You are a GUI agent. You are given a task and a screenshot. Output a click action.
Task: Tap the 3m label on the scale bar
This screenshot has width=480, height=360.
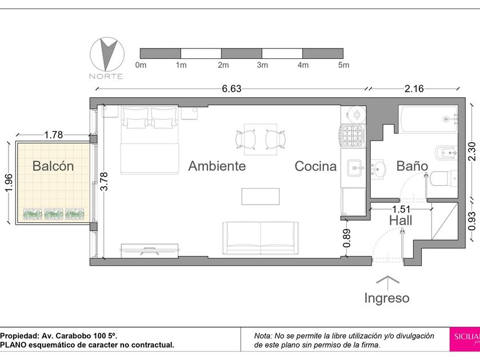pos(263,65)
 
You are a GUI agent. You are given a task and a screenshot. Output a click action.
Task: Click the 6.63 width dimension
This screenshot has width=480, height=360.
pos(232,89)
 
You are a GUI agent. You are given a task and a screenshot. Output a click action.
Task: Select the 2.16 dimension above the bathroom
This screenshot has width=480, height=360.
pos(414,89)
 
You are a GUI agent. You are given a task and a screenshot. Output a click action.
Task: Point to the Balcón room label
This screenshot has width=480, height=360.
pos(53,166)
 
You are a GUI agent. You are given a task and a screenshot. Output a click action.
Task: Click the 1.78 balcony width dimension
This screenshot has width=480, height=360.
pos(54,134)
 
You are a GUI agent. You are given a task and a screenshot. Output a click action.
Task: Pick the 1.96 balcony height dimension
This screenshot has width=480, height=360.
pos(9,183)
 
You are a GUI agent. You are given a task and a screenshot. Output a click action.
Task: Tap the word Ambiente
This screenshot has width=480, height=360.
pos(217,166)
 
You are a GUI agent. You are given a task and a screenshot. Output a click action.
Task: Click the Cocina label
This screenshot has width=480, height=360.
pos(315,166)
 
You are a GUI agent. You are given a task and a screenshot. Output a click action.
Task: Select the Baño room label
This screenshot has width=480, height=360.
pos(412,166)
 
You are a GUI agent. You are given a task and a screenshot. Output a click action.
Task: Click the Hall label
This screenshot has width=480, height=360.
pos(401,221)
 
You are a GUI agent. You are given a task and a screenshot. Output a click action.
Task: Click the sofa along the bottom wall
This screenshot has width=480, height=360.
pos(261,238)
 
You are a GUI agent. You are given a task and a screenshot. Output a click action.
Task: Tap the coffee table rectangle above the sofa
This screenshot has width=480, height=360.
pos(261,196)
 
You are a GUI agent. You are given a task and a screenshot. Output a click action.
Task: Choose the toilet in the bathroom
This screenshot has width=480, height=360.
pos(443,178)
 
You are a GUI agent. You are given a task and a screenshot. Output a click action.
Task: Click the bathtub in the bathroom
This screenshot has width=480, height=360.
pos(428,119)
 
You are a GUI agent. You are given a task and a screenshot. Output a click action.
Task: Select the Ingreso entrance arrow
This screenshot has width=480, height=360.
pos(388,283)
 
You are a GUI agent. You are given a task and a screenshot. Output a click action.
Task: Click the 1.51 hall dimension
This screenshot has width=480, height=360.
pos(401,209)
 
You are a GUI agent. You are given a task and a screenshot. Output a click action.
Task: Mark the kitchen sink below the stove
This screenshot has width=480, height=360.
pos(355,168)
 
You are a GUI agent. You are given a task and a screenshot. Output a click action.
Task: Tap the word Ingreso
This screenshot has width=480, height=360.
pos(387,298)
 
